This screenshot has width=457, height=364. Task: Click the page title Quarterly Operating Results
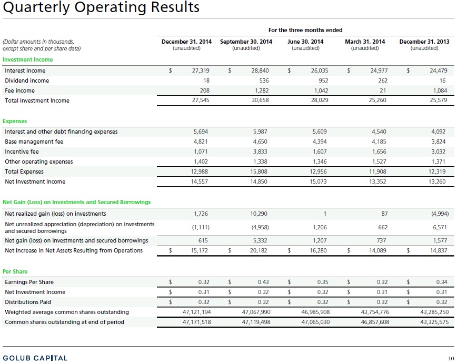click(101, 7)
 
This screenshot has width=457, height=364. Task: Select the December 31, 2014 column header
click(186, 42)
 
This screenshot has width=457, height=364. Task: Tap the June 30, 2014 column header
click(305, 42)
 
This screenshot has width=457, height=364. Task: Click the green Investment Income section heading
click(28, 59)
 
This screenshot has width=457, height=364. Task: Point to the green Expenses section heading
click(15, 121)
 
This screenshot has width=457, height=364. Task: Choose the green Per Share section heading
click(15, 271)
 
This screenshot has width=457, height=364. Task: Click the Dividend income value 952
click(323, 80)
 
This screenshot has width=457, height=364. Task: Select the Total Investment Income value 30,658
click(260, 100)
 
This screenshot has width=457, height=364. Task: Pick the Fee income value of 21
click(383, 90)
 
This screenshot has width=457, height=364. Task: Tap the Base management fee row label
click(34, 142)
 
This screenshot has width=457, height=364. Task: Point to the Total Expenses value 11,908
click(377, 171)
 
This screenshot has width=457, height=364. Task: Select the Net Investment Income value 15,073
click(318, 181)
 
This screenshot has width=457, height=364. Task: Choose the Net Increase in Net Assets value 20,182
click(259, 250)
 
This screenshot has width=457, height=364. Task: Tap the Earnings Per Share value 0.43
click(263, 282)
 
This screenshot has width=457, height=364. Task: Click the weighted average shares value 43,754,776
click(375, 312)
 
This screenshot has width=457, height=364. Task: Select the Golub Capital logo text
click(35, 358)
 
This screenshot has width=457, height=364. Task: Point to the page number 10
click(451, 358)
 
